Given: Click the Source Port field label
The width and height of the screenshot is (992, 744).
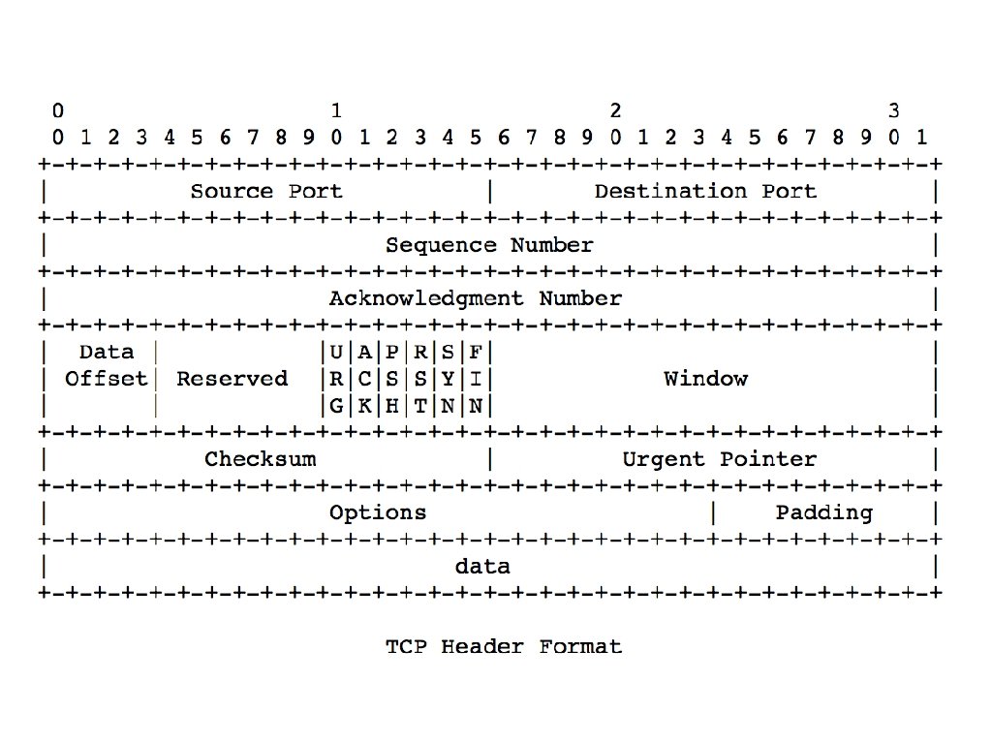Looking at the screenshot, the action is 266,191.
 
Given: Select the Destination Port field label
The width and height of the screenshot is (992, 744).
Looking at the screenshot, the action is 705,191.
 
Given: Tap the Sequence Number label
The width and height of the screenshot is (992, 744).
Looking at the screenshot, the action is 489,245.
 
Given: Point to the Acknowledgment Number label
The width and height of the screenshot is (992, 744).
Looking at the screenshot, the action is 475,298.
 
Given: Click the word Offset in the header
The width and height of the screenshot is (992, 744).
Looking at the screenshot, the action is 107,379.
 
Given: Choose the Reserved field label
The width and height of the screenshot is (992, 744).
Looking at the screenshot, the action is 232,379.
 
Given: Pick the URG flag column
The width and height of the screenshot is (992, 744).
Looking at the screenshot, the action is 336,379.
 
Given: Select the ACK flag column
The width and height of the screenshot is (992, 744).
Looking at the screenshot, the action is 364,379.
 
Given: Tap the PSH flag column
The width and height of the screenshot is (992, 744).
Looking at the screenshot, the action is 392,379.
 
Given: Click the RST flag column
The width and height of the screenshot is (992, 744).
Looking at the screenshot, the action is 420,379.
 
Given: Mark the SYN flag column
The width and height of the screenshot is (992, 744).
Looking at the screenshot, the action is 448,379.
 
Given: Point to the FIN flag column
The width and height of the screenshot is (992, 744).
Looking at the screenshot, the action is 476,379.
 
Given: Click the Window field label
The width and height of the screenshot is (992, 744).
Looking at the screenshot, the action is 705,379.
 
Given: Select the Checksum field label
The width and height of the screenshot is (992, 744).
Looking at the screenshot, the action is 260,459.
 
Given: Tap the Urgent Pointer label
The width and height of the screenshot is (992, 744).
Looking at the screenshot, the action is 719,459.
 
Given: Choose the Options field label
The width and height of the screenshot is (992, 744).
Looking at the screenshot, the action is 378,512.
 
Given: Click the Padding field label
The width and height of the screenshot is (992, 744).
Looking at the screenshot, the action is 823,512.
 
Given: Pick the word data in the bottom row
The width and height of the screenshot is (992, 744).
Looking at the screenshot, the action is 482,566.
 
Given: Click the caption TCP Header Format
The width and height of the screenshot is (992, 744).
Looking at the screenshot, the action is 504,646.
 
